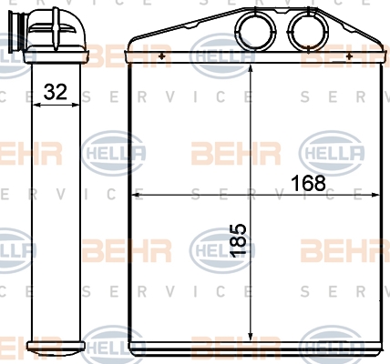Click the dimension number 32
tap(55, 92)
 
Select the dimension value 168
tap(308, 183)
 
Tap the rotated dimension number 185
tap(238, 241)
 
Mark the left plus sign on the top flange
tap(161, 56)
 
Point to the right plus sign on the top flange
tap(349, 56)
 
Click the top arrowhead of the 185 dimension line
tap(251, 68)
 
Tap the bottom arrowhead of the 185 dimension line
tap(251, 337)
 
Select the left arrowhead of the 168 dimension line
tap(136, 195)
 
